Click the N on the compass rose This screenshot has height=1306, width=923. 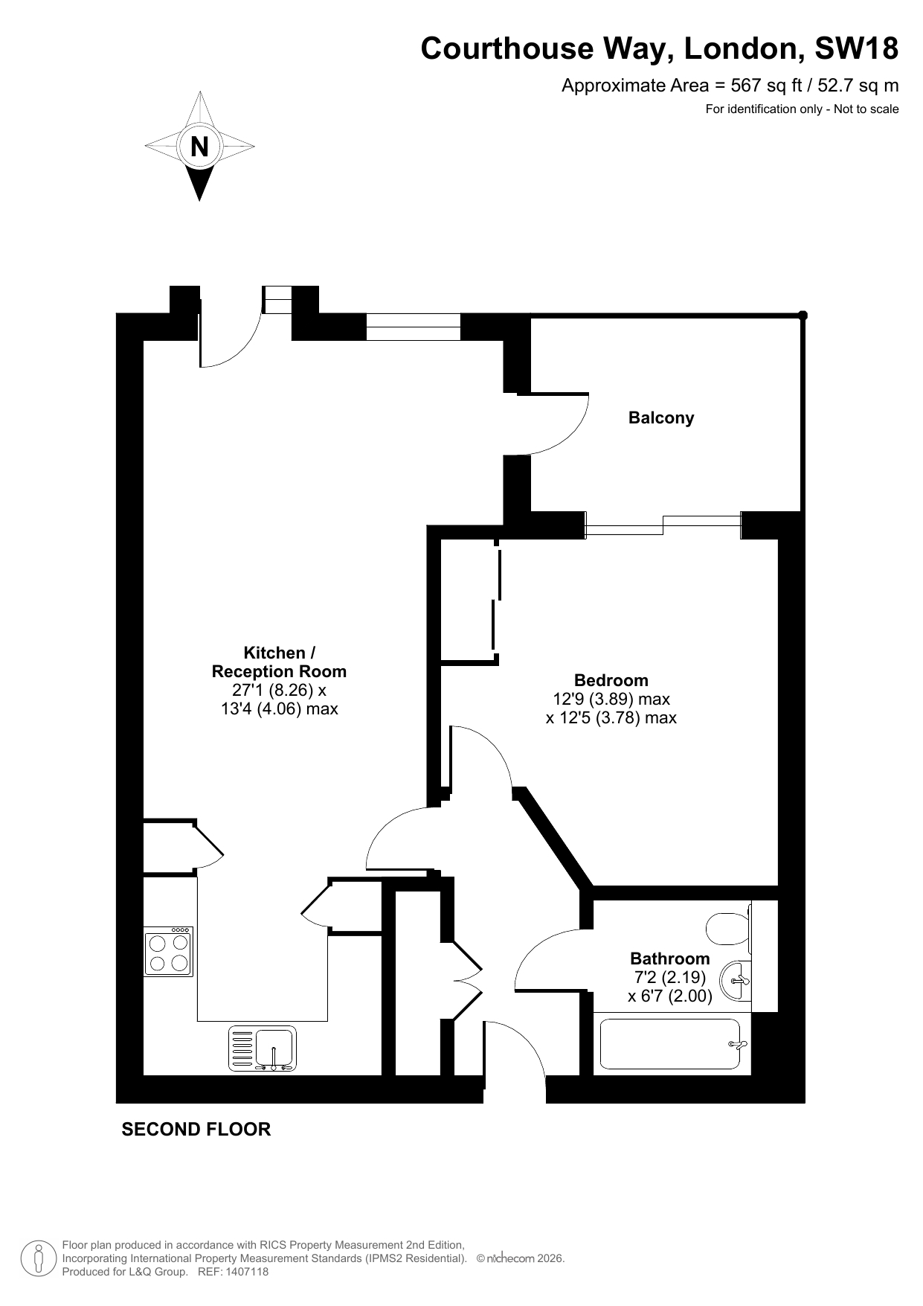(199, 147)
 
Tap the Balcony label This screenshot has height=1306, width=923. (661, 417)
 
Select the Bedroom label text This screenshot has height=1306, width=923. (611, 680)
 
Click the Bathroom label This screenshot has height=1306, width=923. (669, 958)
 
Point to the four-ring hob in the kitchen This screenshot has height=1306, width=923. (169, 952)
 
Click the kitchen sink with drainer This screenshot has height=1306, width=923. (262, 1049)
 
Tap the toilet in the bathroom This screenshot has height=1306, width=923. (727, 929)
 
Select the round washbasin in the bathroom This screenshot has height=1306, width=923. (739, 982)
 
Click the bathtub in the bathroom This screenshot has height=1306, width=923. (672, 1046)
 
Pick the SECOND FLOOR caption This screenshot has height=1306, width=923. (196, 1129)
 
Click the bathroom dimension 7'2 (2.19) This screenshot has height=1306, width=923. (669, 977)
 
